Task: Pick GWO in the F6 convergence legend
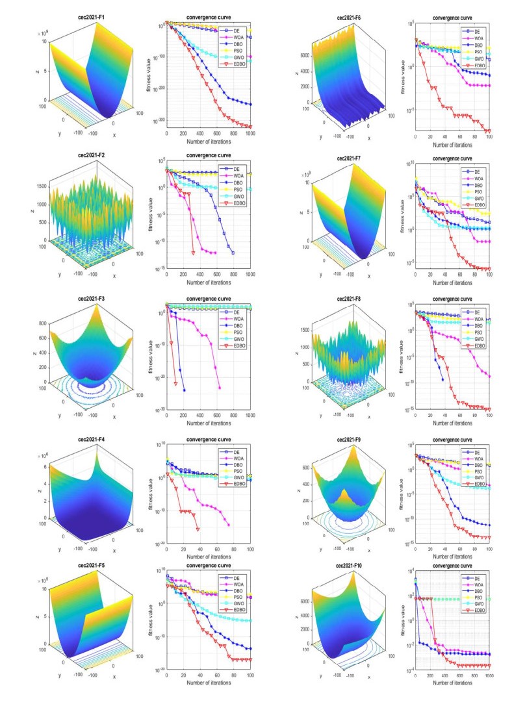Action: pos(481,58)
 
